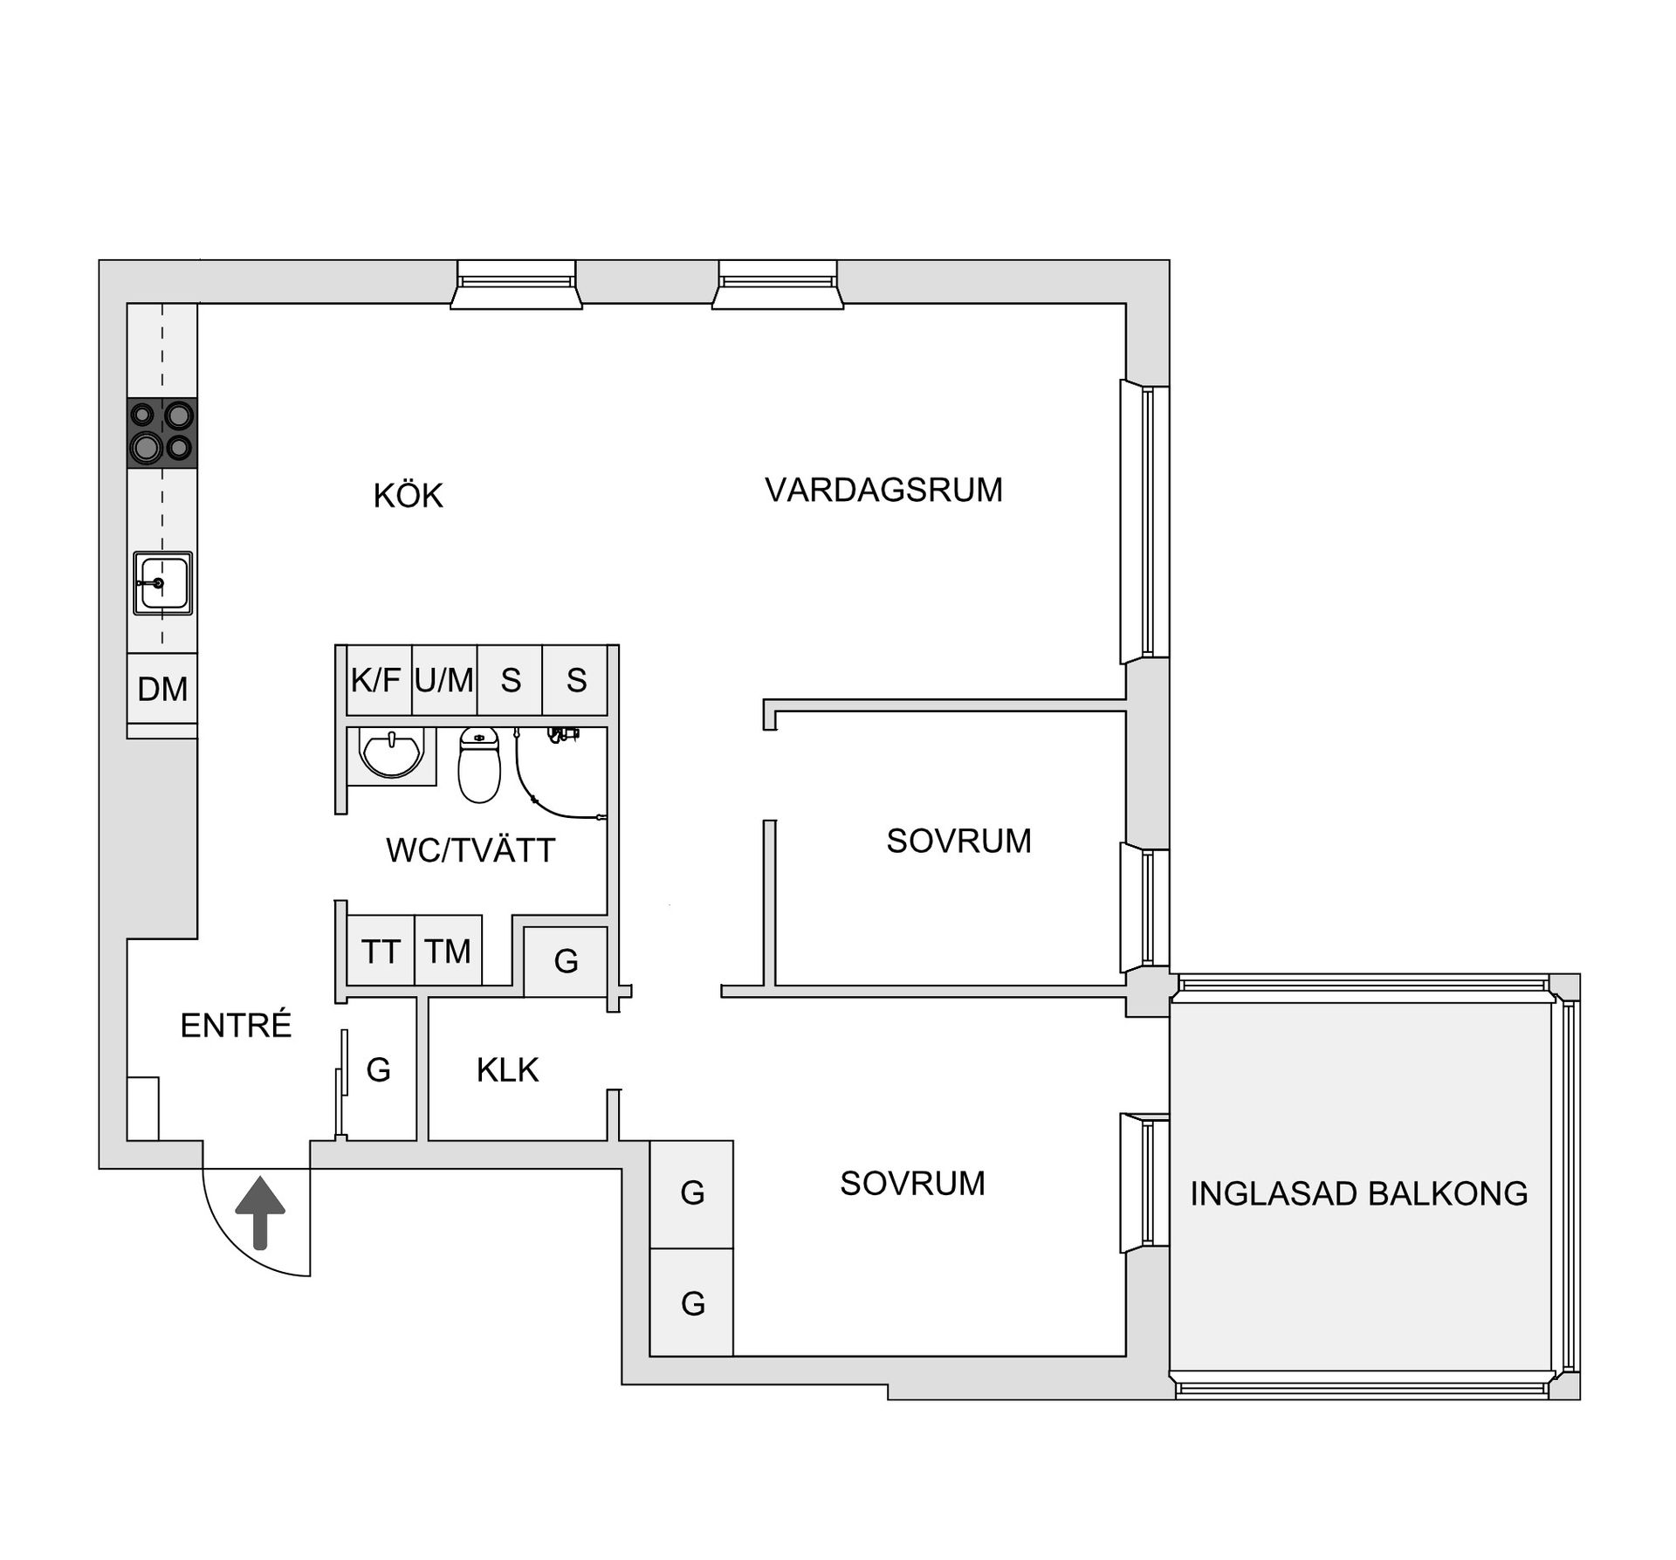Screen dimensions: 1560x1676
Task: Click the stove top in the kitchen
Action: coord(162,433)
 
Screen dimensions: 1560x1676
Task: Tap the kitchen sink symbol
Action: coord(162,582)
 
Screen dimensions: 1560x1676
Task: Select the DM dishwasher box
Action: coord(162,689)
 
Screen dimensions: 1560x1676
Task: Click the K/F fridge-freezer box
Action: coord(376,680)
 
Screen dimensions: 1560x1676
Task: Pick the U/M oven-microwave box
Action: coord(444,680)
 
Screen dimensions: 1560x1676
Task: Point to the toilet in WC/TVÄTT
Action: coord(479,765)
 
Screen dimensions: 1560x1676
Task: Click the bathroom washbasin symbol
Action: coord(392,753)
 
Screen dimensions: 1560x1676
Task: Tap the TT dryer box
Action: coord(381,951)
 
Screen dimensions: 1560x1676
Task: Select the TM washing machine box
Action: coord(448,951)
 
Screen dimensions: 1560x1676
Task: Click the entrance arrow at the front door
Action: coord(260,1213)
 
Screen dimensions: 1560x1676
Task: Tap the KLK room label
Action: coord(507,1070)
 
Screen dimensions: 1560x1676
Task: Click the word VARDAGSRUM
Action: coord(883,490)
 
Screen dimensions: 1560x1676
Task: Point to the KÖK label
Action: coord(408,496)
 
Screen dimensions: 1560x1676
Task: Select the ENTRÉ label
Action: coord(236,1026)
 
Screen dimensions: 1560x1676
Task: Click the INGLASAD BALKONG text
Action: coord(1359,1193)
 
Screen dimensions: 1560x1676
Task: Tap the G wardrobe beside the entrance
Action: coord(379,1070)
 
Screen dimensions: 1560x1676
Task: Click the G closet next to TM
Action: coord(566,961)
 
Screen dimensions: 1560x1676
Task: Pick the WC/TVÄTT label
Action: coord(471,850)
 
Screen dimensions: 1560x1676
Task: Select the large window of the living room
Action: coord(1145,521)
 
